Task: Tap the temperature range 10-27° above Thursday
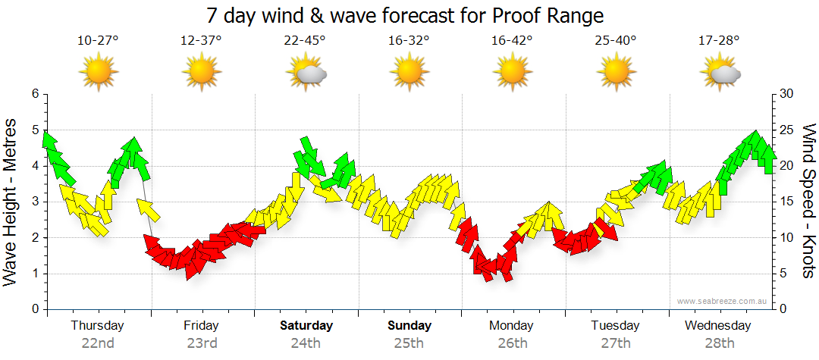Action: click(x=98, y=41)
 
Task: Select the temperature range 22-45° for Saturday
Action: click(x=305, y=41)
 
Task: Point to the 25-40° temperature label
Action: click(x=616, y=41)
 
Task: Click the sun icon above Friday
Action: click(x=201, y=73)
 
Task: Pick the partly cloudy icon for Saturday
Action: click(x=306, y=74)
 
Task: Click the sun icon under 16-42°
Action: click(x=512, y=73)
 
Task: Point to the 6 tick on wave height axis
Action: click(x=34, y=94)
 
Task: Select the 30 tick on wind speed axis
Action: click(x=787, y=94)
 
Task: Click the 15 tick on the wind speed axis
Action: click(x=787, y=202)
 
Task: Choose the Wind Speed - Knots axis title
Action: click(x=808, y=201)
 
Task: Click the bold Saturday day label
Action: click(x=306, y=326)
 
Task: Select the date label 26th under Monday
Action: click(x=512, y=343)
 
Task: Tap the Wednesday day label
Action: click(x=718, y=326)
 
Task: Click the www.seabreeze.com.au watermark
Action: click(x=723, y=301)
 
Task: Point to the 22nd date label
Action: click(x=98, y=343)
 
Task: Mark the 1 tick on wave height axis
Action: click(x=34, y=274)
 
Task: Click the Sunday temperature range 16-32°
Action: click(x=409, y=41)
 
